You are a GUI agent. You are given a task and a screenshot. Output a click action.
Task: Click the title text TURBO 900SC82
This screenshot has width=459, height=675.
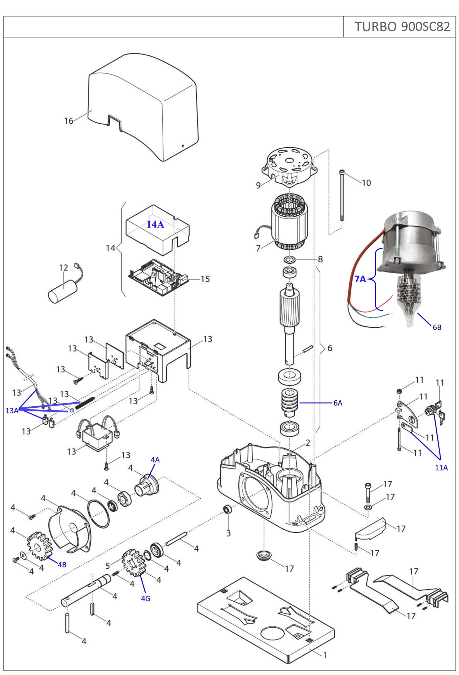[x=402, y=27]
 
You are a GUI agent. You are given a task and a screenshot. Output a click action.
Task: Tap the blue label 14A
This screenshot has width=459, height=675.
[x=155, y=224]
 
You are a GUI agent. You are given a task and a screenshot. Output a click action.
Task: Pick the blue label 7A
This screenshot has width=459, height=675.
[x=360, y=279]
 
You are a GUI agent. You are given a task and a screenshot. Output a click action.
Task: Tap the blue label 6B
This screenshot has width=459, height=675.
[x=437, y=327]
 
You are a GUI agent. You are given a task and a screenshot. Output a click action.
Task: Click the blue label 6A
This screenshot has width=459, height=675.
[x=338, y=403]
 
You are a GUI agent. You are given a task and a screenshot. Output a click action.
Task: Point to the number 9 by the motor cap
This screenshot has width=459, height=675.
[x=258, y=185]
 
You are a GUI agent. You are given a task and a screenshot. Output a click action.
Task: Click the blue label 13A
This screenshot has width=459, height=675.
[x=12, y=411]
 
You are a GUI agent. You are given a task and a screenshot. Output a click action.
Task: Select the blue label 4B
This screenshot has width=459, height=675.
[x=62, y=565]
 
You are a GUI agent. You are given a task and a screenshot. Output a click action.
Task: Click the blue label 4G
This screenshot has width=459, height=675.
[x=146, y=599]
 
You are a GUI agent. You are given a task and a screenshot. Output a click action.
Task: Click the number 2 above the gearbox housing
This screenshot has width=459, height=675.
[x=308, y=443]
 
